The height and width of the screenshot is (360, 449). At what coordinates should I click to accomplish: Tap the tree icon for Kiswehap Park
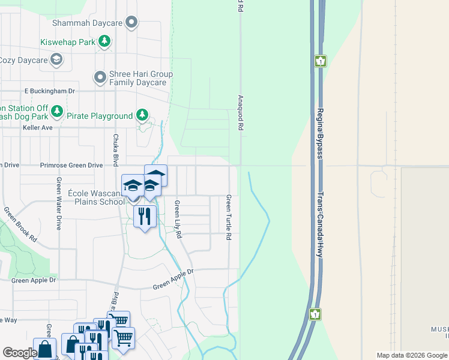[x=105, y=41]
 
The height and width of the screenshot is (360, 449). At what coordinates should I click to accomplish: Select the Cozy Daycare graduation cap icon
[x=56, y=59]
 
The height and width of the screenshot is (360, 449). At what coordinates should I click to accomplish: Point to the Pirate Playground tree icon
[x=142, y=115]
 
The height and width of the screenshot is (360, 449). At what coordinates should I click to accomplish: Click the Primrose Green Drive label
[x=71, y=165]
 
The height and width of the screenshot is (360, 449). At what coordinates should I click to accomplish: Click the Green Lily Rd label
[x=178, y=220]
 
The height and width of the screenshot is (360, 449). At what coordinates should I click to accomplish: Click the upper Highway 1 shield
[x=321, y=61]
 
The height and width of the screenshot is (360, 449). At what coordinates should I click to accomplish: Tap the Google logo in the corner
[x=20, y=353]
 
